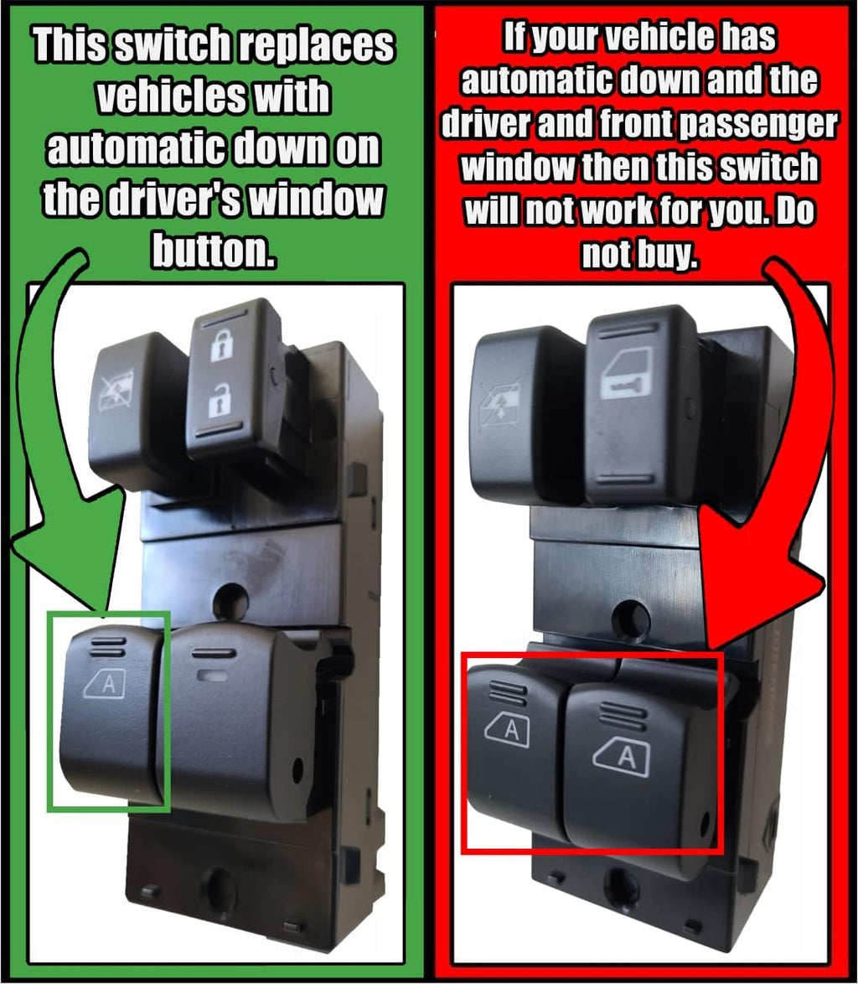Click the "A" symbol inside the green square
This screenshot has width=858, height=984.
pyautogui.click(x=106, y=685)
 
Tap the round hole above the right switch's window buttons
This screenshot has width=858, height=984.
pyautogui.click(x=630, y=621)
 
